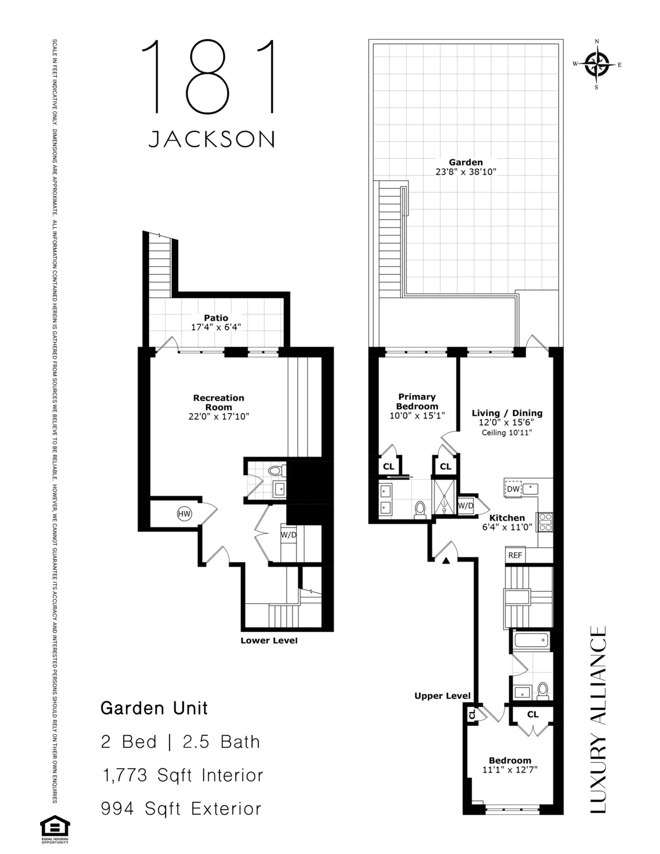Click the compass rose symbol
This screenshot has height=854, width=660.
coord(597,64)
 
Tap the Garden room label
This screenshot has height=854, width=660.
coord(465,162)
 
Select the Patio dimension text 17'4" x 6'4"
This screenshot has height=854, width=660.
coord(216,327)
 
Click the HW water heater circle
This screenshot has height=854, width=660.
coord(184,514)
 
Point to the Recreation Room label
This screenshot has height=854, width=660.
coord(218,402)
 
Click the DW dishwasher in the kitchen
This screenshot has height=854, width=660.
coord(513,489)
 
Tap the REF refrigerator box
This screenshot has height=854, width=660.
coord(515,555)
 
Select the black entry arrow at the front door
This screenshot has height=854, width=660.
coord(447,560)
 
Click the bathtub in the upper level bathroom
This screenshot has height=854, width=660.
coord(530,640)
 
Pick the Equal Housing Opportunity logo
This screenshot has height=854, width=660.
coord(54,829)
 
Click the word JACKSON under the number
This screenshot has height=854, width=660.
coord(212,139)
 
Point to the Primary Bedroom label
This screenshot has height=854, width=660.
coord(417,401)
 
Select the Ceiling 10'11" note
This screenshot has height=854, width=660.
coord(507,432)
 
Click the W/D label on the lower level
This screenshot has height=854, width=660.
coord(289,534)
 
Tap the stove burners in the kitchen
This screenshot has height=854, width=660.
coord(545,522)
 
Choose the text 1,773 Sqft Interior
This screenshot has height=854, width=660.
coord(183,775)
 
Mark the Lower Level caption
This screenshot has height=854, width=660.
coord(268,641)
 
